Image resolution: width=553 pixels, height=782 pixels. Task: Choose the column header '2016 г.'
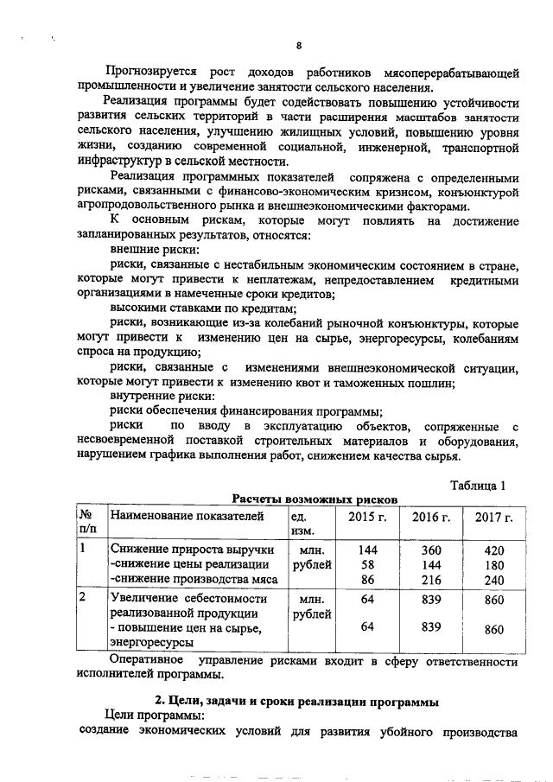point(430,517)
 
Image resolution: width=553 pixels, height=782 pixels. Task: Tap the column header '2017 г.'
point(493,517)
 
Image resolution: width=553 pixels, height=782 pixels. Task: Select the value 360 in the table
point(430,550)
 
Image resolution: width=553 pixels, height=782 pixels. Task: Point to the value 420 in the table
point(493,550)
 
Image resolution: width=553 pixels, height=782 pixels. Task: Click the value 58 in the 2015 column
point(367,564)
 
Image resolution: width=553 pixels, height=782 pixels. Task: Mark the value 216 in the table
point(430,579)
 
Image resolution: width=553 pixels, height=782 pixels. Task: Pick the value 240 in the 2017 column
point(493,580)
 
